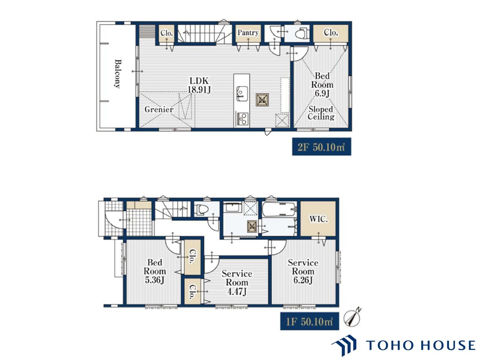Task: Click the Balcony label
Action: coord(118,73)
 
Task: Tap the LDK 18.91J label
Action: coord(199,85)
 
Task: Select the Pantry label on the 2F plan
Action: coord(248,33)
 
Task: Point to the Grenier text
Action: coord(159,109)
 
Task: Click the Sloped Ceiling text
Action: coord(321,113)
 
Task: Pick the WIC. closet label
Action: coord(318,219)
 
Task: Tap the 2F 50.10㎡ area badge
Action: coord(321,147)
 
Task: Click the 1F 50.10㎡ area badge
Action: coord(310,321)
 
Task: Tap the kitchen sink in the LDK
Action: coord(242,94)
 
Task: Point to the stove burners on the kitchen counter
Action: coord(242,118)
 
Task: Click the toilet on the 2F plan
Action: coord(302,34)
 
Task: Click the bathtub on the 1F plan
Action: coord(279,210)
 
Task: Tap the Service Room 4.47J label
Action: coord(237,282)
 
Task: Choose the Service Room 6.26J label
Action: coord(303,271)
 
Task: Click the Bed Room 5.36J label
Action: coord(154,271)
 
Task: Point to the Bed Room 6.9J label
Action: coord(322,85)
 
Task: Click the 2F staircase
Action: coord(204,33)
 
